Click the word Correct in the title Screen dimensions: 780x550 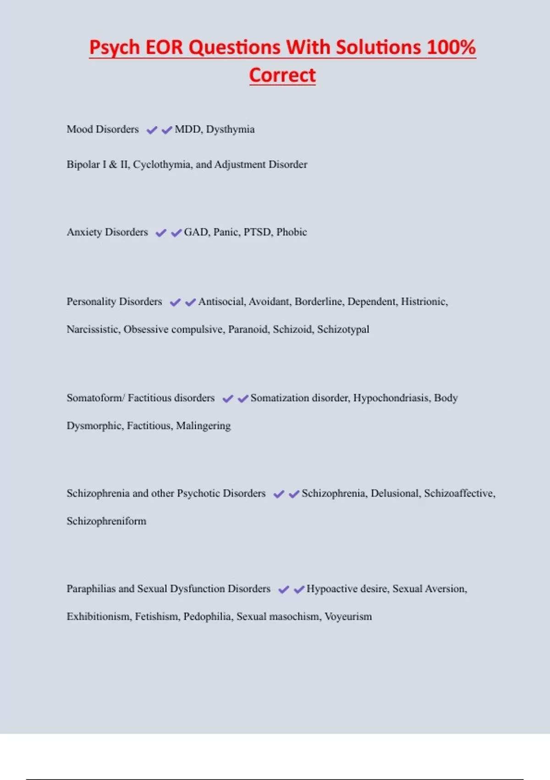coord(282,75)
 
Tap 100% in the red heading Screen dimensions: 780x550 coord(451,47)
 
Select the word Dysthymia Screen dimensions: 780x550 coord(230,129)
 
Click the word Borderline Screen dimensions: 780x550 coord(319,301)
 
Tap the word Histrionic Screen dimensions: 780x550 coord(423,301)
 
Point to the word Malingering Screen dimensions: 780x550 coord(203,426)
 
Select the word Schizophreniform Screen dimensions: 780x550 coord(106,521)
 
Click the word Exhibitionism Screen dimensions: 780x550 coord(98,617)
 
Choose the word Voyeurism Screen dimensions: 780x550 coord(348,617)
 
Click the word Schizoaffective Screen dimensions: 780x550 coord(459,493)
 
